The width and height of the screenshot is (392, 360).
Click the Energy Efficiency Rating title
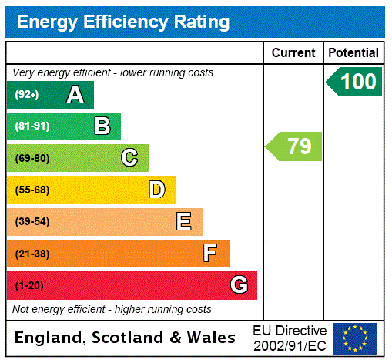123,22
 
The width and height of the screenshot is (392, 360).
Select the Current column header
293,53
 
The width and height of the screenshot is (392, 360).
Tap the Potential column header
353,53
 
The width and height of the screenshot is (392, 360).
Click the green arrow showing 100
355,82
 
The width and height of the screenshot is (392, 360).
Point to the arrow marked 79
295,146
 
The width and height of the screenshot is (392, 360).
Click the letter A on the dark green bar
75,95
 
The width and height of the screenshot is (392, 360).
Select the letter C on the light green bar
129,158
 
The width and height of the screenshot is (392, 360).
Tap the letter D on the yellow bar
156,190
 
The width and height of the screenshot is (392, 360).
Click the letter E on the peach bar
183,222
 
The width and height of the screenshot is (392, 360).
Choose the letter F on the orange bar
209,254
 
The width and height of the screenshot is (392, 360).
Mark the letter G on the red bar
239,285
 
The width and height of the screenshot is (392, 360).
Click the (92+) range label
27,95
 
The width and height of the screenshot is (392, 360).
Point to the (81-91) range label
32,126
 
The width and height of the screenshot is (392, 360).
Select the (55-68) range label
32,190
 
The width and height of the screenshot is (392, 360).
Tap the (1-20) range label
29,286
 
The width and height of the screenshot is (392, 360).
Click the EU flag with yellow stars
355,338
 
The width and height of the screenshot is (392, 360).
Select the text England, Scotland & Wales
126,338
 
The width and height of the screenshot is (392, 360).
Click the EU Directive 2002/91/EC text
290,338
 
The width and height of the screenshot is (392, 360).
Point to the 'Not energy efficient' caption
112,309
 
